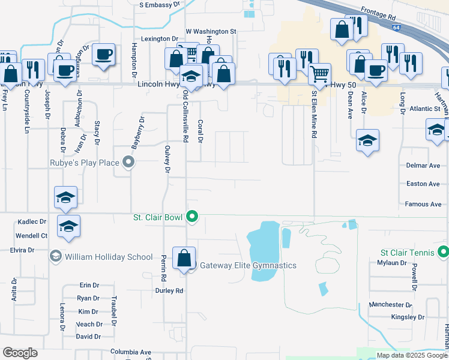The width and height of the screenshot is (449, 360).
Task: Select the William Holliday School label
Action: coord(109,257)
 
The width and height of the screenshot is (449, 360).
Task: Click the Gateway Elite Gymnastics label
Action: coord(248,265)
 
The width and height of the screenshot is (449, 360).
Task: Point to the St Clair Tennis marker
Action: coord(444,252)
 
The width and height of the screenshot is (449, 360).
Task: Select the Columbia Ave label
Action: coord(131,352)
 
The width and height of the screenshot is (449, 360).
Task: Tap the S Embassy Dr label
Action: coord(160,4)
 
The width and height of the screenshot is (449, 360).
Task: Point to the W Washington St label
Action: coord(211,31)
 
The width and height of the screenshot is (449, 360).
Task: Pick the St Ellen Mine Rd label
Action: coord(313,114)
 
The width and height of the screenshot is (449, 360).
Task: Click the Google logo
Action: coord(20,353)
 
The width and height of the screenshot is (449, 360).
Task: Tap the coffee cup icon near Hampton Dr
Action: coord(104,55)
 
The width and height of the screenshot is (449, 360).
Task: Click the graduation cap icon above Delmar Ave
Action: coord(367,141)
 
